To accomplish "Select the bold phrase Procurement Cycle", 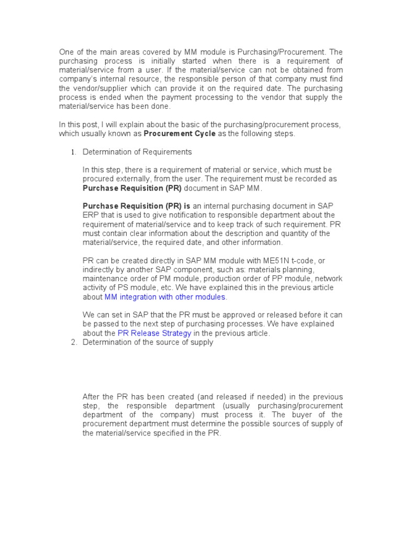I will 180,133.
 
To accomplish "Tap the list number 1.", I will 73,152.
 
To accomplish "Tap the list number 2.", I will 73,343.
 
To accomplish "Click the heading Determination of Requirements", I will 137,152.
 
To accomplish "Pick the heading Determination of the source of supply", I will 148,343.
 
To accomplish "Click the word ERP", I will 91,215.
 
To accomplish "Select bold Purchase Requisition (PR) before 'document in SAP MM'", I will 125,188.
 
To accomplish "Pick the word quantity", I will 286,233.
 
